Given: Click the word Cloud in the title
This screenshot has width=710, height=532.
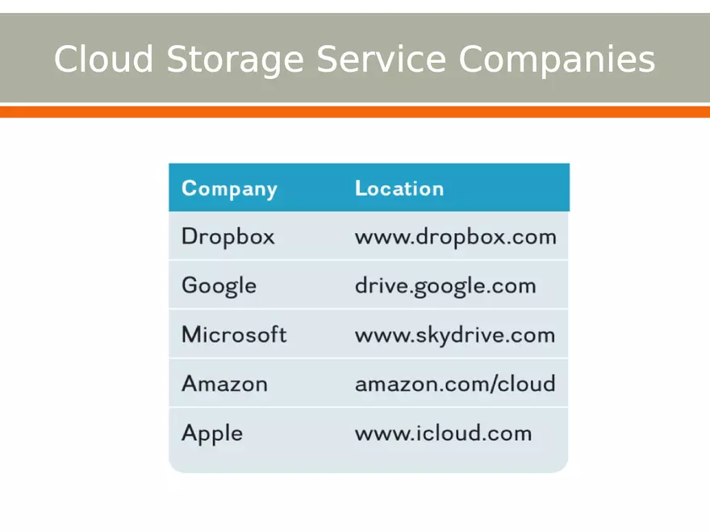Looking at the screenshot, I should [102, 60].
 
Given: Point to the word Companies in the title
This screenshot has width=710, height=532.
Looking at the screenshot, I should [557, 60].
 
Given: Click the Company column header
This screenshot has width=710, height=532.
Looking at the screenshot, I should [229, 189].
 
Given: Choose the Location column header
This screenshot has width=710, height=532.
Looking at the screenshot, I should [399, 189].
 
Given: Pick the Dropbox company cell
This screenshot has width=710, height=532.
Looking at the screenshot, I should [228, 236].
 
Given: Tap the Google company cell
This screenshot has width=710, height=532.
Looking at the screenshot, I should [219, 286].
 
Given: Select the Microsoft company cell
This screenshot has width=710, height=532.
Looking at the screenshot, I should [234, 335].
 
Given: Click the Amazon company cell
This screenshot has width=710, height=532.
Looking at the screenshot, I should [224, 384].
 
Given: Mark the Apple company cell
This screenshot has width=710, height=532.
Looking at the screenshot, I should [212, 434].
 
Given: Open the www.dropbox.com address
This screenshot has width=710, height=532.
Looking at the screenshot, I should [456, 237].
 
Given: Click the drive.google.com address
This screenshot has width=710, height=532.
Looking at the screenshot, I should [445, 286].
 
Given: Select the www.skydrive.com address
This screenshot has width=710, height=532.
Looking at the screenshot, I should [455, 335].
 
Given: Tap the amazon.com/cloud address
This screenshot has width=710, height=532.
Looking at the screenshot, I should [455, 384].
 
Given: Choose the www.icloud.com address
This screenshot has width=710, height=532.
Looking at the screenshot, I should [444, 433].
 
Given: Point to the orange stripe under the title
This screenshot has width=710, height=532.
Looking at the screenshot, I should [355, 112].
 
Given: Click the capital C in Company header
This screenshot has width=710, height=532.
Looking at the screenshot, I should [190, 188].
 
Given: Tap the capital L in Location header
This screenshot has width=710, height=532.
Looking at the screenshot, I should [360, 188].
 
